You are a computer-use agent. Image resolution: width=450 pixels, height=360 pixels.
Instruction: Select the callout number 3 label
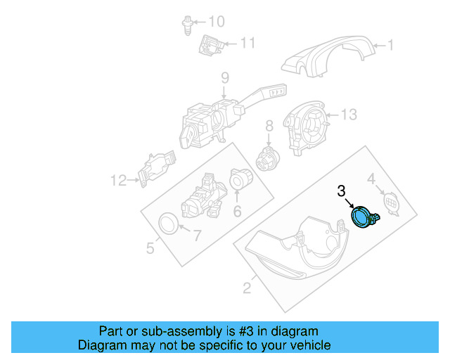[341, 191]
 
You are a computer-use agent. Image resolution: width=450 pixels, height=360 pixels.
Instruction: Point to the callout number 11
[246, 43]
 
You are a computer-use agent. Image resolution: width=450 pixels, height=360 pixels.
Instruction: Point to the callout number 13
[349, 113]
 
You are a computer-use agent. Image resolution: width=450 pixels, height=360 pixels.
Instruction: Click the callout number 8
[269, 127]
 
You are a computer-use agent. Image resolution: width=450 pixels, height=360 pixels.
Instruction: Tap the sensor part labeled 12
[155, 169]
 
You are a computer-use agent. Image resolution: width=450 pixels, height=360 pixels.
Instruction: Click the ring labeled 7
[168, 224]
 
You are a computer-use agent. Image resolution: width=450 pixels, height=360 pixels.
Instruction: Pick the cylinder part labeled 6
[241, 183]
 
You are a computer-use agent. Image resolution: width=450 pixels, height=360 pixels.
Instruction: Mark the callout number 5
[150, 247]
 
